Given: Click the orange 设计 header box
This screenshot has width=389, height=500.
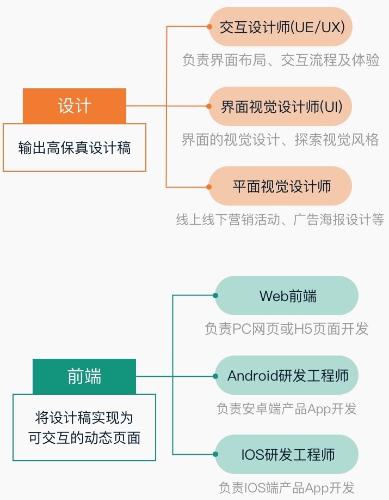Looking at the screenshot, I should tap(75, 106).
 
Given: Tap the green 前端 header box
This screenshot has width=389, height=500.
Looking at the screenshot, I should tap(84, 376).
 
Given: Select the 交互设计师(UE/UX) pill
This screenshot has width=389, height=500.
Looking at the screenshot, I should tap(281, 27).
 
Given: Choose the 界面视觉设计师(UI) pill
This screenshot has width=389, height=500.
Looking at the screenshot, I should tap(281, 106).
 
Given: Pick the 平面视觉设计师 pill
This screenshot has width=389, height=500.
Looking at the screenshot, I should tap(281, 186).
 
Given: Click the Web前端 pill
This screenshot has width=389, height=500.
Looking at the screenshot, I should tap(287, 296).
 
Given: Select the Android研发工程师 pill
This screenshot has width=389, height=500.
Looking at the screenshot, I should tap(287, 376).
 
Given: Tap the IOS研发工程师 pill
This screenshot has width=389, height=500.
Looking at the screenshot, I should tap(287, 454).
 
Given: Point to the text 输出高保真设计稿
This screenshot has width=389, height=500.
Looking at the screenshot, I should tap(75, 148).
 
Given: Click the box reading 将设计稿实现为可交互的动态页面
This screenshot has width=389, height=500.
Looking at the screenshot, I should tap(84, 427).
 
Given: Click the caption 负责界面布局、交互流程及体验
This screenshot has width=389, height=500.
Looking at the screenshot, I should tap(281, 60).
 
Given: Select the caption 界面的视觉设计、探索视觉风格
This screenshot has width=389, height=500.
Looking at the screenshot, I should tap(280, 140).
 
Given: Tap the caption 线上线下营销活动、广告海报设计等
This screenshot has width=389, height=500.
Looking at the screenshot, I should tap(280, 219).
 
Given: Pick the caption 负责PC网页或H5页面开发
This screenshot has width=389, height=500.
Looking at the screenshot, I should tap(287, 329).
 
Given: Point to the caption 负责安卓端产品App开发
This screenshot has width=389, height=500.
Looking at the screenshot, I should tap(287, 408).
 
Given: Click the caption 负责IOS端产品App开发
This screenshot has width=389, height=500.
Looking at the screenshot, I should tap(287, 487).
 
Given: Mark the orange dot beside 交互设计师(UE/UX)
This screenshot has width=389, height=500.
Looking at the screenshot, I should tap(209, 26).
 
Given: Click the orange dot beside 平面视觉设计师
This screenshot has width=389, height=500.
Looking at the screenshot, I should tap(209, 186).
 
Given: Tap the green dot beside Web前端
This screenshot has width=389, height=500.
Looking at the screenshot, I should tap(215, 296).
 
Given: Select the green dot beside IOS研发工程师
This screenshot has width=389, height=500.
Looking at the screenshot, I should tap(215, 454).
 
